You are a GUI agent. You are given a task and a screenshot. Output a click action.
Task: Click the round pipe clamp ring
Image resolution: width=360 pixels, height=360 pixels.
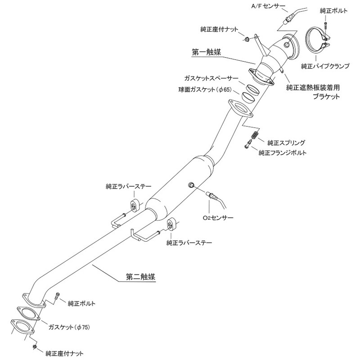[318, 40]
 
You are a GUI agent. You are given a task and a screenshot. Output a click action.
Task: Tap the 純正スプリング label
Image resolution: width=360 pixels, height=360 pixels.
[287, 142]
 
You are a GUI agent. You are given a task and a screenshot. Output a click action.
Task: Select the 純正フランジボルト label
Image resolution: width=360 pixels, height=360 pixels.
[283, 153]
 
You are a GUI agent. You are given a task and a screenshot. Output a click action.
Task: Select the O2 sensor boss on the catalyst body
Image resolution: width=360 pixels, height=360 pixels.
[190, 185]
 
